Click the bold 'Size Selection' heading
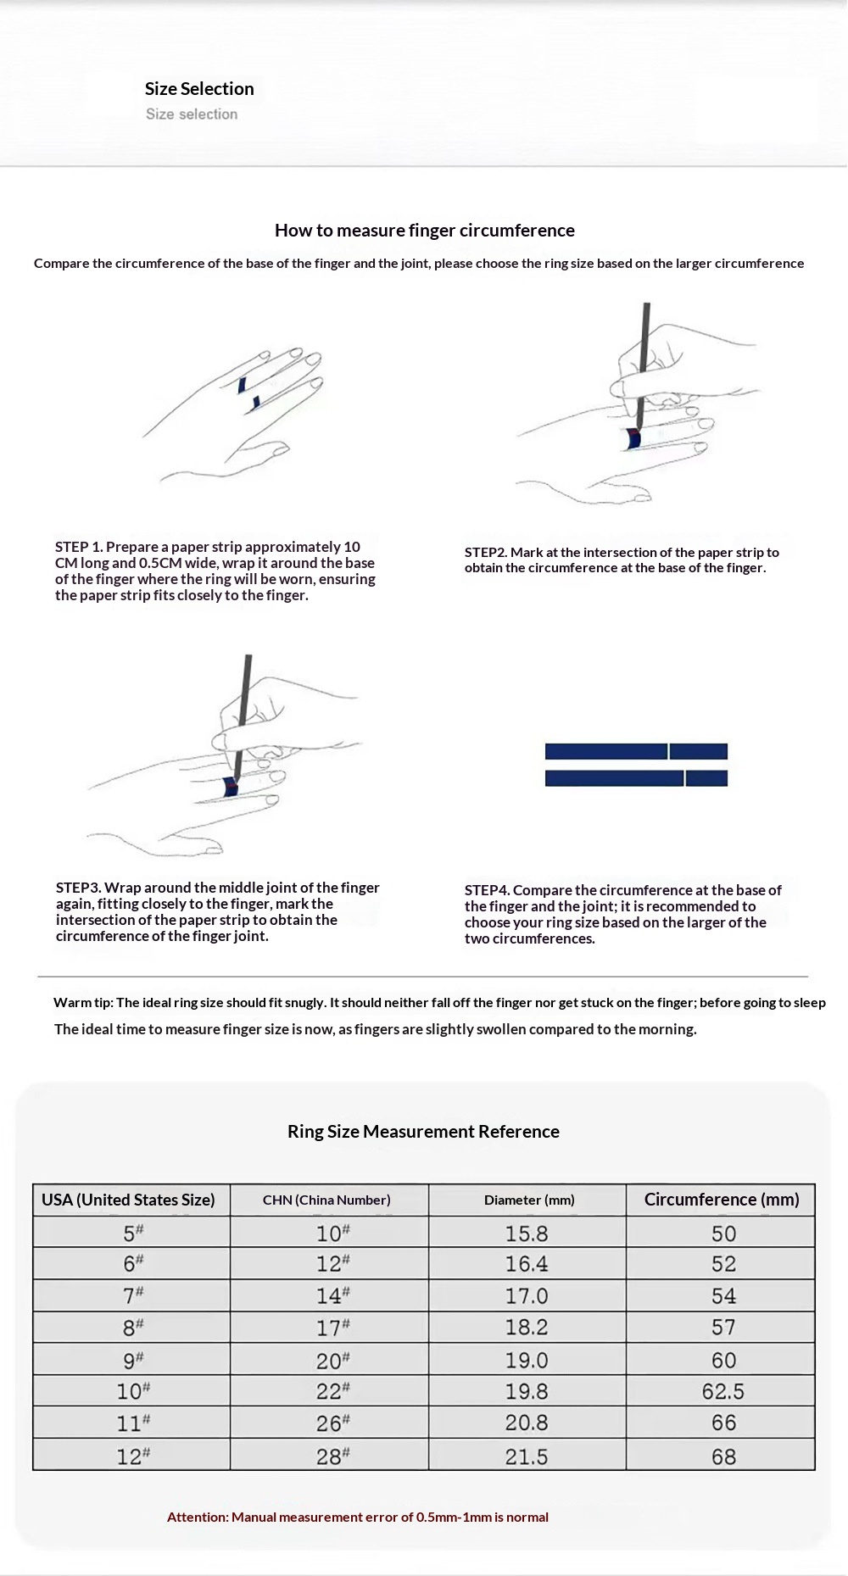pos(199,89)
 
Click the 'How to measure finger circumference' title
pos(424,231)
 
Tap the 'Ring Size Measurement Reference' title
pos(423,1132)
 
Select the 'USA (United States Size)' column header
pos(128,1200)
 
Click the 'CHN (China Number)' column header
pos(326,1200)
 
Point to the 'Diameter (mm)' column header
pos(529,1200)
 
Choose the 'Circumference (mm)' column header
pos(722,1200)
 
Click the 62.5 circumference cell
pos(723,1391)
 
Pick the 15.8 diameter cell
pos(527,1234)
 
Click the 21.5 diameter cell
pos(527,1456)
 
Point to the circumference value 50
pos(723,1234)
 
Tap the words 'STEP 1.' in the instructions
pos(79,547)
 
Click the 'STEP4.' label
pos(487,890)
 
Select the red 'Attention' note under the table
pos(358,1517)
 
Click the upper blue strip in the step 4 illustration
pos(636,751)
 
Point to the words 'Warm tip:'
pos(83,1003)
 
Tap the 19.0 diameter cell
pos(527,1360)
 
